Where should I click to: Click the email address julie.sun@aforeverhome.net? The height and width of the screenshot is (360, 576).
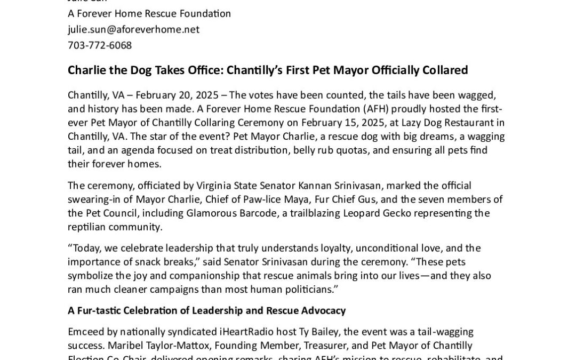133,29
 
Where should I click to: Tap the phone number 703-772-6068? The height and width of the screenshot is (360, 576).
100,45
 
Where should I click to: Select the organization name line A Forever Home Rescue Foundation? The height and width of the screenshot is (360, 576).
149,13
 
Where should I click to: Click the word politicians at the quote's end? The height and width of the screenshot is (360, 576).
307,290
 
